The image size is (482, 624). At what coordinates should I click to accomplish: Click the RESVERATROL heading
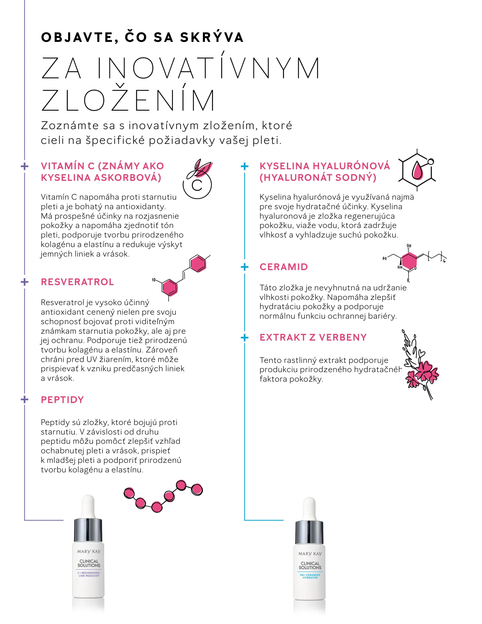pyautogui.click(x=77, y=282)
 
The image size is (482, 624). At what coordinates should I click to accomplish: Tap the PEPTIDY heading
pyautogui.click(x=62, y=400)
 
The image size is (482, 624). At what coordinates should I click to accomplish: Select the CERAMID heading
pyautogui.click(x=284, y=267)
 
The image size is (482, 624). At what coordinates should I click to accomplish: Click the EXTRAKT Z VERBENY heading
pyautogui.click(x=313, y=337)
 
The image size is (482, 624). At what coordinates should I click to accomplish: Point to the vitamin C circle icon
pyautogui.click(x=197, y=185)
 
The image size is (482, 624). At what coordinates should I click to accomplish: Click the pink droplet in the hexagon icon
pyautogui.click(x=417, y=171)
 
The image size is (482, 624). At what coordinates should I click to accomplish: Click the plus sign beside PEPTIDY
pyautogui.click(x=25, y=400)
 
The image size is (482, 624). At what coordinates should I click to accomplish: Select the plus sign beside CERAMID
pyautogui.click(x=244, y=267)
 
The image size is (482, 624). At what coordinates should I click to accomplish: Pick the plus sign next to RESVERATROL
pyautogui.click(x=25, y=282)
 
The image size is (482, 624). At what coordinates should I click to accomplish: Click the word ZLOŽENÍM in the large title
pyautogui.click(x=128, y=100)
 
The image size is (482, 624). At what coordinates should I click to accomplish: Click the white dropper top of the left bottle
pyautogui.click(x=88, y=506)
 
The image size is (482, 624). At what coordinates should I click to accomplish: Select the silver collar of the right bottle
pyautogui.click(x=309, y=532)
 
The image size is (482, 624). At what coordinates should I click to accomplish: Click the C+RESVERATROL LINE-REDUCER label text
pyautogui.click(x=89, y=574)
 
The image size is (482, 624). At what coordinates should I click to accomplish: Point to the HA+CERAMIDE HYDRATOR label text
pyautogui.click(x=310, y=576)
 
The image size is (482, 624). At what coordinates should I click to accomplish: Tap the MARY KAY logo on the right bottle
pyautogui.click(x=310, y=554)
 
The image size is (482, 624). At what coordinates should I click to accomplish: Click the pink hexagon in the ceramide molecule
pyautogui.click(x=409, y=261)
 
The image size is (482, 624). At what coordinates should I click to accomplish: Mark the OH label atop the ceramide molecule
pyautogui.click(x=409, y=246)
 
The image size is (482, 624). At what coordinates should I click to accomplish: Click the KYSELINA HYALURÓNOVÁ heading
pyautogui.click(x=325, y=166)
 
